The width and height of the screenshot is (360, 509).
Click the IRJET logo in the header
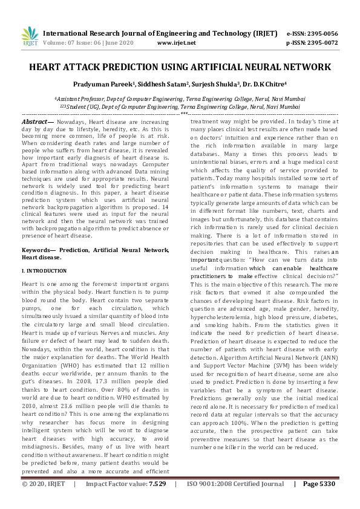[x=30, y=37]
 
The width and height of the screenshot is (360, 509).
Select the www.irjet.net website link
[x=176, y=43]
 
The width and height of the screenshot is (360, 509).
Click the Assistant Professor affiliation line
[x=180, y=97]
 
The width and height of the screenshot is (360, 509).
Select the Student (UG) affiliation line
[x=180, y=106]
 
